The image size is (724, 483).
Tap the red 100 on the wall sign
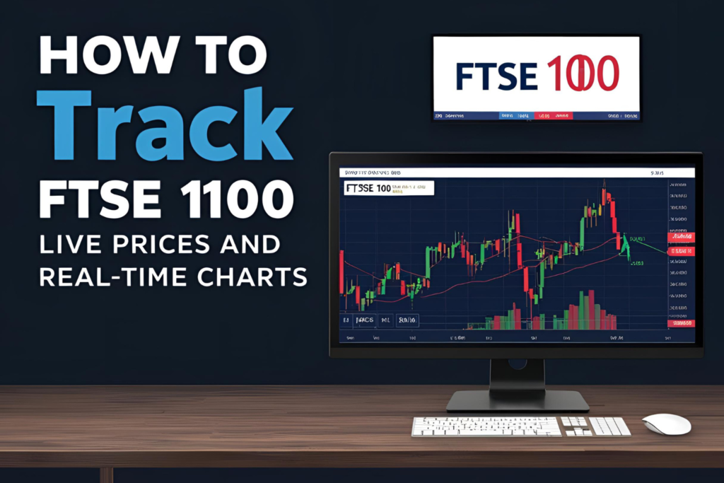point(583,75)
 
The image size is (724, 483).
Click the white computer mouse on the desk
point(666,424)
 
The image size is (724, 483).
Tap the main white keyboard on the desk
point(486,426)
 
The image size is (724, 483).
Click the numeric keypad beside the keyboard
point(609,426)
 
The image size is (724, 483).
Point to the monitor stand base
point(518,402)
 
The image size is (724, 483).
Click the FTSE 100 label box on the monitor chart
point(387,188)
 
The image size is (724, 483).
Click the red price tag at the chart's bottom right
point(681,323)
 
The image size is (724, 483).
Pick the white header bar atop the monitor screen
point(516,172)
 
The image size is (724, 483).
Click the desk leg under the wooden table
point(107,475)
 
